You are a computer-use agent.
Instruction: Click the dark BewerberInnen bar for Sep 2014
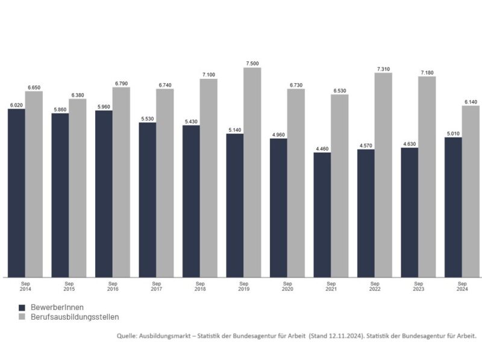point(16,193)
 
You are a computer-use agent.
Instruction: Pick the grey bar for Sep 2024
point(471,192)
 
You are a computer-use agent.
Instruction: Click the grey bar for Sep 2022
point(383,175)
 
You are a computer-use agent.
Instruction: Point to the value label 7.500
point(252,63)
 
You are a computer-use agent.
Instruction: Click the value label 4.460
point(322,148)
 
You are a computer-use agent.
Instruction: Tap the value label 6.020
point(16,105)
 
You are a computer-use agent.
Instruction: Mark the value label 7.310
point(383,69)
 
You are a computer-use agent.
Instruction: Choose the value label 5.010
point(453,133)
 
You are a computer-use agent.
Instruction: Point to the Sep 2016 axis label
point(113,286)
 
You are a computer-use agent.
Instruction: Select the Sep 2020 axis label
point(287,286)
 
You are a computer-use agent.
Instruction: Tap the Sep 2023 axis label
point(418,286)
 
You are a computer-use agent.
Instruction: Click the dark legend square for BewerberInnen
point(22,307)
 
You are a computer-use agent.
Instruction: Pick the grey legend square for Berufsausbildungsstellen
point(22,317)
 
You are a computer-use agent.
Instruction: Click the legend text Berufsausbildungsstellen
point(75,317)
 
